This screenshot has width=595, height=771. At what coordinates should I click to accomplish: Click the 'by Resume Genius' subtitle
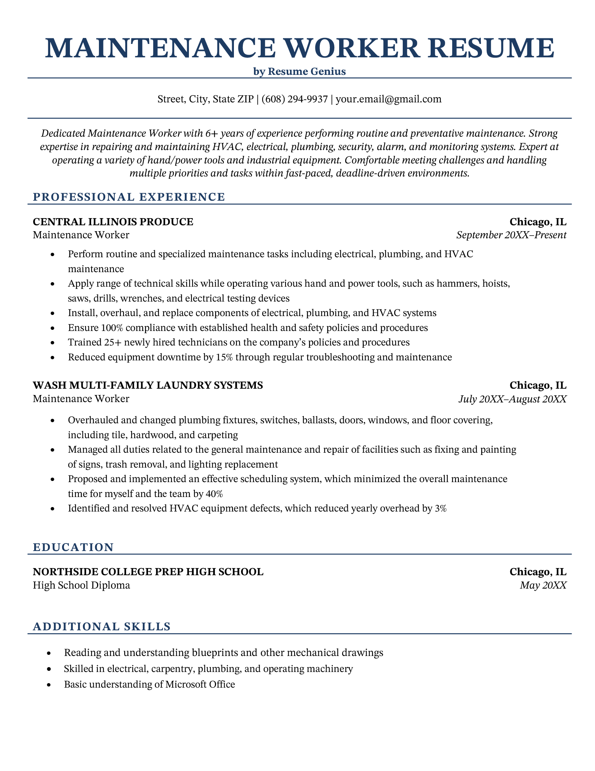coord(299,71)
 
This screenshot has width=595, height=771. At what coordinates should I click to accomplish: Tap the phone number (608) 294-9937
coord(295,99)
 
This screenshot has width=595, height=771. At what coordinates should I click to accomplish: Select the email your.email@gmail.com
coord(389,99)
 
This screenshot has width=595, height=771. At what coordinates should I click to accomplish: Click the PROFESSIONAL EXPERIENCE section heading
coord(129,197)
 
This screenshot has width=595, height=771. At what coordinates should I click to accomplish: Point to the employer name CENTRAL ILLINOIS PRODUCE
coord(113,222)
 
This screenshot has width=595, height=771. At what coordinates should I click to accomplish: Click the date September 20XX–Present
coord(511,235)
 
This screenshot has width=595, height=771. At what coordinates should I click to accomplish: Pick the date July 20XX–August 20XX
coord(512,399)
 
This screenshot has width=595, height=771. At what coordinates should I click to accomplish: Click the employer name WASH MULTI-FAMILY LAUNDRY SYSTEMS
coord(148,385)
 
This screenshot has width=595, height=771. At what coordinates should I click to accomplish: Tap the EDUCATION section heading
coord(73,547)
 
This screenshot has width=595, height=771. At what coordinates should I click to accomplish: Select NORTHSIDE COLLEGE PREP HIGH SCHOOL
coord(148,572)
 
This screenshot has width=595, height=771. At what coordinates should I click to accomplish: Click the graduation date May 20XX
coord(543,585)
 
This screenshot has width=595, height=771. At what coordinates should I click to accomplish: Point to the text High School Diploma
coord(81,585)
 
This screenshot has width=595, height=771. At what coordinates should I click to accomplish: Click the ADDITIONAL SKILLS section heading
coord(102,627)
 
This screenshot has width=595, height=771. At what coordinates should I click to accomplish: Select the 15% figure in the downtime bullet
coord(224,357)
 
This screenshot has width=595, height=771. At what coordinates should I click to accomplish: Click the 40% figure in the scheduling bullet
coord(214,494)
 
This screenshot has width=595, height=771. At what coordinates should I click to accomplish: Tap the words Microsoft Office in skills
coord(200,684)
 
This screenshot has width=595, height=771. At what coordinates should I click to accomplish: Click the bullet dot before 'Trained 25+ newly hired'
coord(54,343)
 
